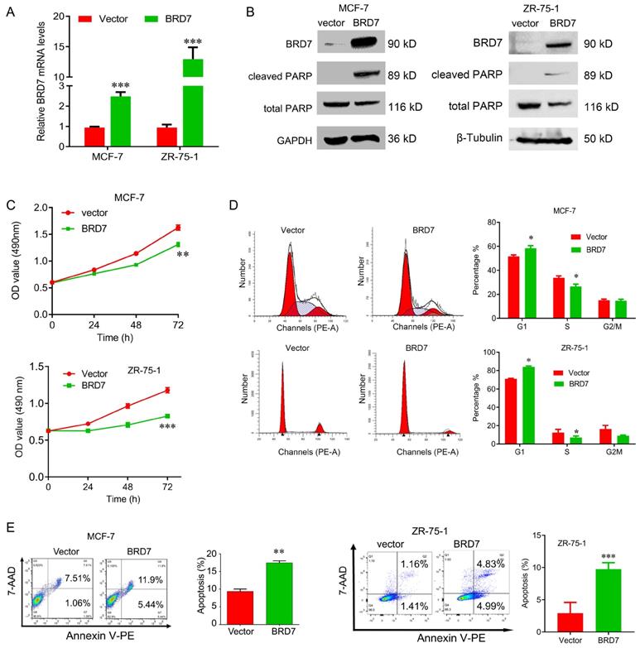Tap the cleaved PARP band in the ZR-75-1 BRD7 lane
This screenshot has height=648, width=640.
(553, 74)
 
